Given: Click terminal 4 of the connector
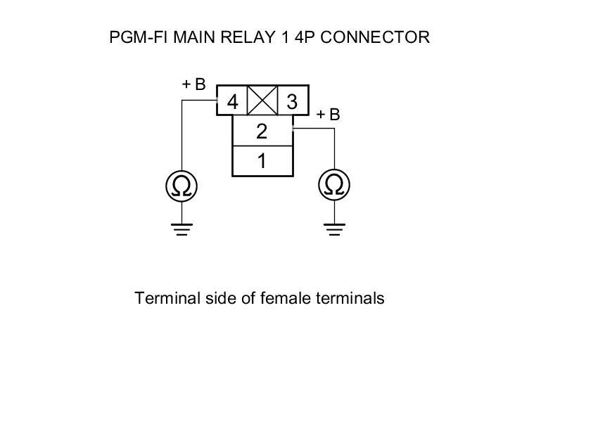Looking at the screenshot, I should click(232, 103).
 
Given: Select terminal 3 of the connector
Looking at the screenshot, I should click(293, 103).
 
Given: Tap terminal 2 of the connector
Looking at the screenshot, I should click(262, 131).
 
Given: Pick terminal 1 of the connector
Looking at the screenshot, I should click(262, 161).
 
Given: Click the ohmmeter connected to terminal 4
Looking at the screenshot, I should click(181, 186).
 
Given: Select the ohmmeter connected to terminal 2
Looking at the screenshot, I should click(334, 186).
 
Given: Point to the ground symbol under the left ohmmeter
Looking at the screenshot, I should click(181, 229).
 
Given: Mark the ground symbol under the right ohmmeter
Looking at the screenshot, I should click(334, 229).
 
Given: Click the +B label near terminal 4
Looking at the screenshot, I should click(193, 84).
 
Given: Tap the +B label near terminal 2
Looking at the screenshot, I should click(328, 115).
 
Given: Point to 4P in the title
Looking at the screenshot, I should click(304, 37).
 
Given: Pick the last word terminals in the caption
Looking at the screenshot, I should click(349, 298).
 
